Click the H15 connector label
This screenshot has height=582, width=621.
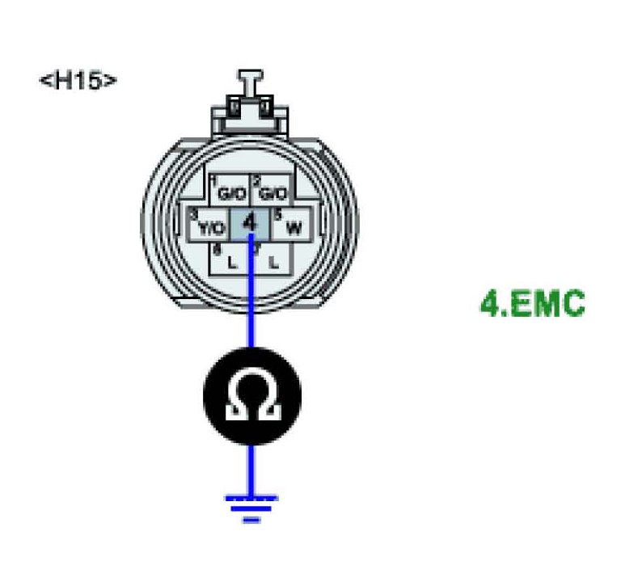coord(78,81)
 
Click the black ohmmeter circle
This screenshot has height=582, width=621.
coord(251,396)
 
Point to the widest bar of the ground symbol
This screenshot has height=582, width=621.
coord(251,499)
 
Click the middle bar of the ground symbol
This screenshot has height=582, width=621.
coord(251,509)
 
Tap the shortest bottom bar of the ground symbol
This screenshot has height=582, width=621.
coord(251,520)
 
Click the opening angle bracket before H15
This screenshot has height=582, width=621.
coord(44,82)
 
